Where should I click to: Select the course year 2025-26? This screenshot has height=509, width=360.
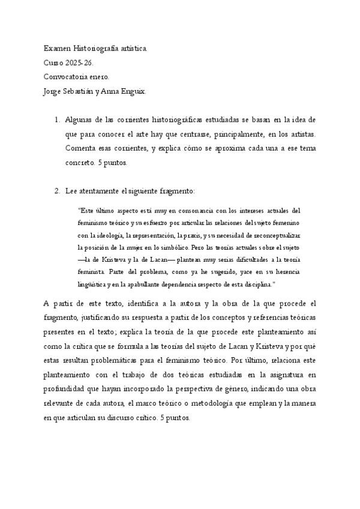pyautogui.click(x=80, y=62)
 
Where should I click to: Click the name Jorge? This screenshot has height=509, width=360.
pyautogui.click(x=53, y=91)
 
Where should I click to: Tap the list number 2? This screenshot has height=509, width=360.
pyautogui.click(x=57, y=191)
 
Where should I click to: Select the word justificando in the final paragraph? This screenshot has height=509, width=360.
pyautogui.click(x=102, y=317)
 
